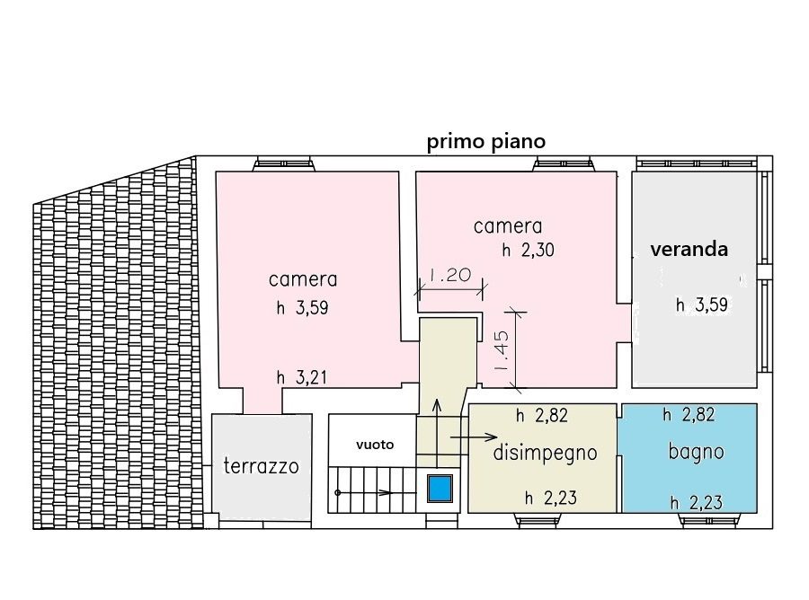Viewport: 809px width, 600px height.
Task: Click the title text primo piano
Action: coord(486,142)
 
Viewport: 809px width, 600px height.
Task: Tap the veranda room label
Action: coord(689,250)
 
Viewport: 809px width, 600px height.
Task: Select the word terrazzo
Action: coord(261,466)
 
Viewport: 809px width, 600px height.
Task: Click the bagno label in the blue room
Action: coord(696,452)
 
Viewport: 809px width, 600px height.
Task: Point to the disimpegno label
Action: coord(546,453)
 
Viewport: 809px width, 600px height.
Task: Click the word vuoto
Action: coord(375,445)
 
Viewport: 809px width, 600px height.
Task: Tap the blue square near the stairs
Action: coord(440,488)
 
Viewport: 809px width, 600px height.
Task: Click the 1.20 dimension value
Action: coord(449,275)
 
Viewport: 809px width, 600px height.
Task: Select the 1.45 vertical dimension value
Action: coord(502,351)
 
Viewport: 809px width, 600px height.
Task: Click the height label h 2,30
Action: coord(529,251)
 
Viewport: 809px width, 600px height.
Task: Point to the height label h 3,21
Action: coord(302,378)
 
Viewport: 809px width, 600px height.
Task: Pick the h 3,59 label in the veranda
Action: coord(702,304)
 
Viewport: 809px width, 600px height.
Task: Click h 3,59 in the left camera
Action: coord(302,308)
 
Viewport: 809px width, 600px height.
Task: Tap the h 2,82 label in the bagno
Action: coord(689,415)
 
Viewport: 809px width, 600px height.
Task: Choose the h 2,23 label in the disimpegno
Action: coord(550,499)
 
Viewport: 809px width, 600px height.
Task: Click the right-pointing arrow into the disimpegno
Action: coord(474,438)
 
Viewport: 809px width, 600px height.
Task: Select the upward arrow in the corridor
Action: coord(437,432)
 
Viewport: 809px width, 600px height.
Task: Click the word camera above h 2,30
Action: coord(508,226)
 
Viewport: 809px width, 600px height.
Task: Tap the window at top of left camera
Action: coord(284,163)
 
